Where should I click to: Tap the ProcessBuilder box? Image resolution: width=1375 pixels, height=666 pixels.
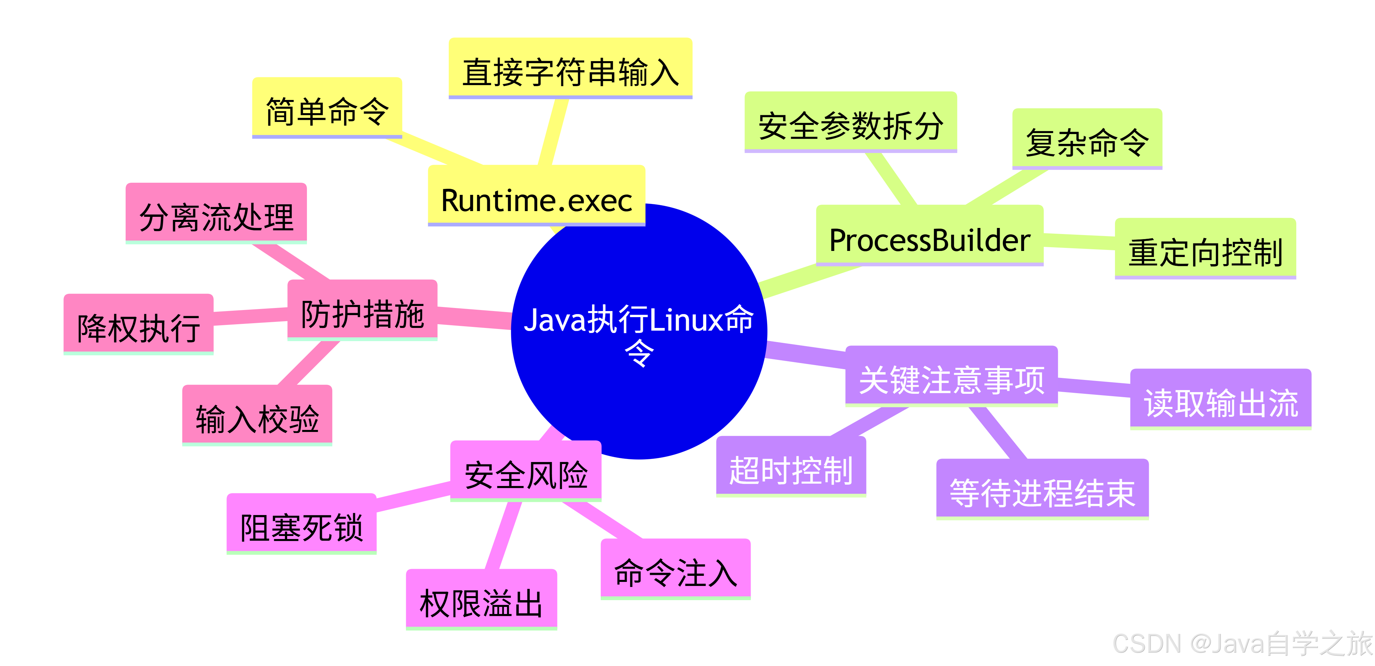coord(929,235)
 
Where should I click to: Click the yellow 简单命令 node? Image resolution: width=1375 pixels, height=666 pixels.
coord(327,108)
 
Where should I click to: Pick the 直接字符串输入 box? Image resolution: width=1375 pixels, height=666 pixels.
coord(570,68)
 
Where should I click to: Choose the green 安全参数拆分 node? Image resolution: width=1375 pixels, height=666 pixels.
coord(850,122)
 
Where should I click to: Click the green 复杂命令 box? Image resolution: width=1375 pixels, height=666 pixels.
coord(1087,139)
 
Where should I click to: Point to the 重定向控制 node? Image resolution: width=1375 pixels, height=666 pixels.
coord(1205,249)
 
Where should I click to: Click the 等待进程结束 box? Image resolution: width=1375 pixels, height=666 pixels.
coord(1042,489)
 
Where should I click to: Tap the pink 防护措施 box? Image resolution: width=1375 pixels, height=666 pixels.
coord(362,311)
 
